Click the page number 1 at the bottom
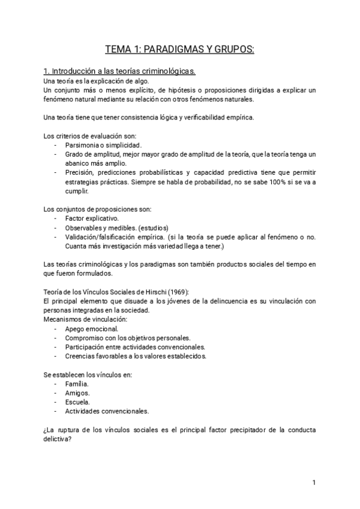[314, 482]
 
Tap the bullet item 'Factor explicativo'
[92, 218]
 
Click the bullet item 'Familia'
[77, 384]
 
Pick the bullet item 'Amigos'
[77, 393]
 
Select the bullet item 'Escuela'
[77, 402]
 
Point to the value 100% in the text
[268, 182]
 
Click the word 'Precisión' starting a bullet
[80, 173]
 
